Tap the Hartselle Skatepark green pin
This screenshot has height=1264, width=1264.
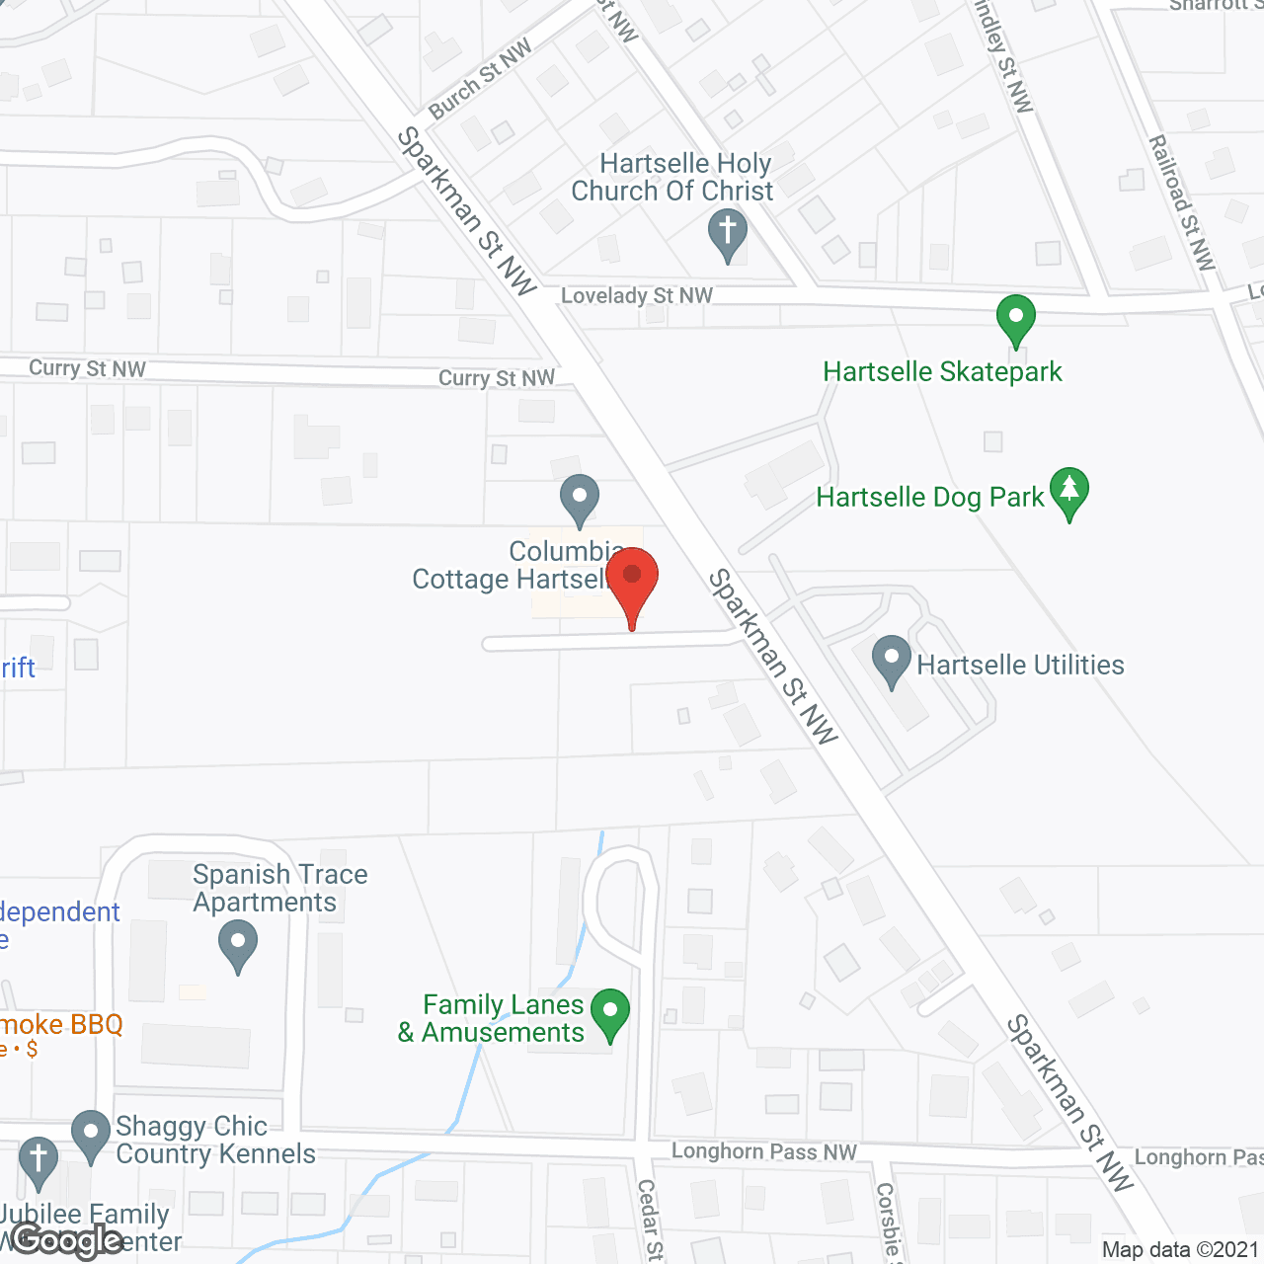[1015, 319]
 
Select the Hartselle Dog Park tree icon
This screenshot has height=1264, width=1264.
[1069, 491]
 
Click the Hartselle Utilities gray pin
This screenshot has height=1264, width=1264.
[892, 660]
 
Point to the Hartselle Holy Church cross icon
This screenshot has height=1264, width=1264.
[728, 234]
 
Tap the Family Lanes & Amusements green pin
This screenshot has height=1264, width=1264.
[610, 1013]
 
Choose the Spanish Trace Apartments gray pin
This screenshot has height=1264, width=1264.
[237, 943]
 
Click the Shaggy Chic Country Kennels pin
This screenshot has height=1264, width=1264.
[91, 1135]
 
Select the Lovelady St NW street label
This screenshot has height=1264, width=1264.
[637, 295]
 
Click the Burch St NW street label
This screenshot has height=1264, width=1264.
[481, 77]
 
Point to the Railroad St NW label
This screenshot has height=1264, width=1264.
[1181, 202]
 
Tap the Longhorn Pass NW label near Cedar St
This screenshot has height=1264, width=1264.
[764, 1151]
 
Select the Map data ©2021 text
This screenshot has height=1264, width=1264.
[1181, 1249]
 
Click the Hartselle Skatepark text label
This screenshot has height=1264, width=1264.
[943, 371]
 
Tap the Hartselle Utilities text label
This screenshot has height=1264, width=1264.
[1020, 665]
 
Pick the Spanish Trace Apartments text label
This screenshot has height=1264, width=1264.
[279, 888]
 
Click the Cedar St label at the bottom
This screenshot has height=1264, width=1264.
[649, 1221]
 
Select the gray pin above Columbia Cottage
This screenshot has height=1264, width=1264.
[580, 499]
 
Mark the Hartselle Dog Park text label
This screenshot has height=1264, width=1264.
[930, 497]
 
